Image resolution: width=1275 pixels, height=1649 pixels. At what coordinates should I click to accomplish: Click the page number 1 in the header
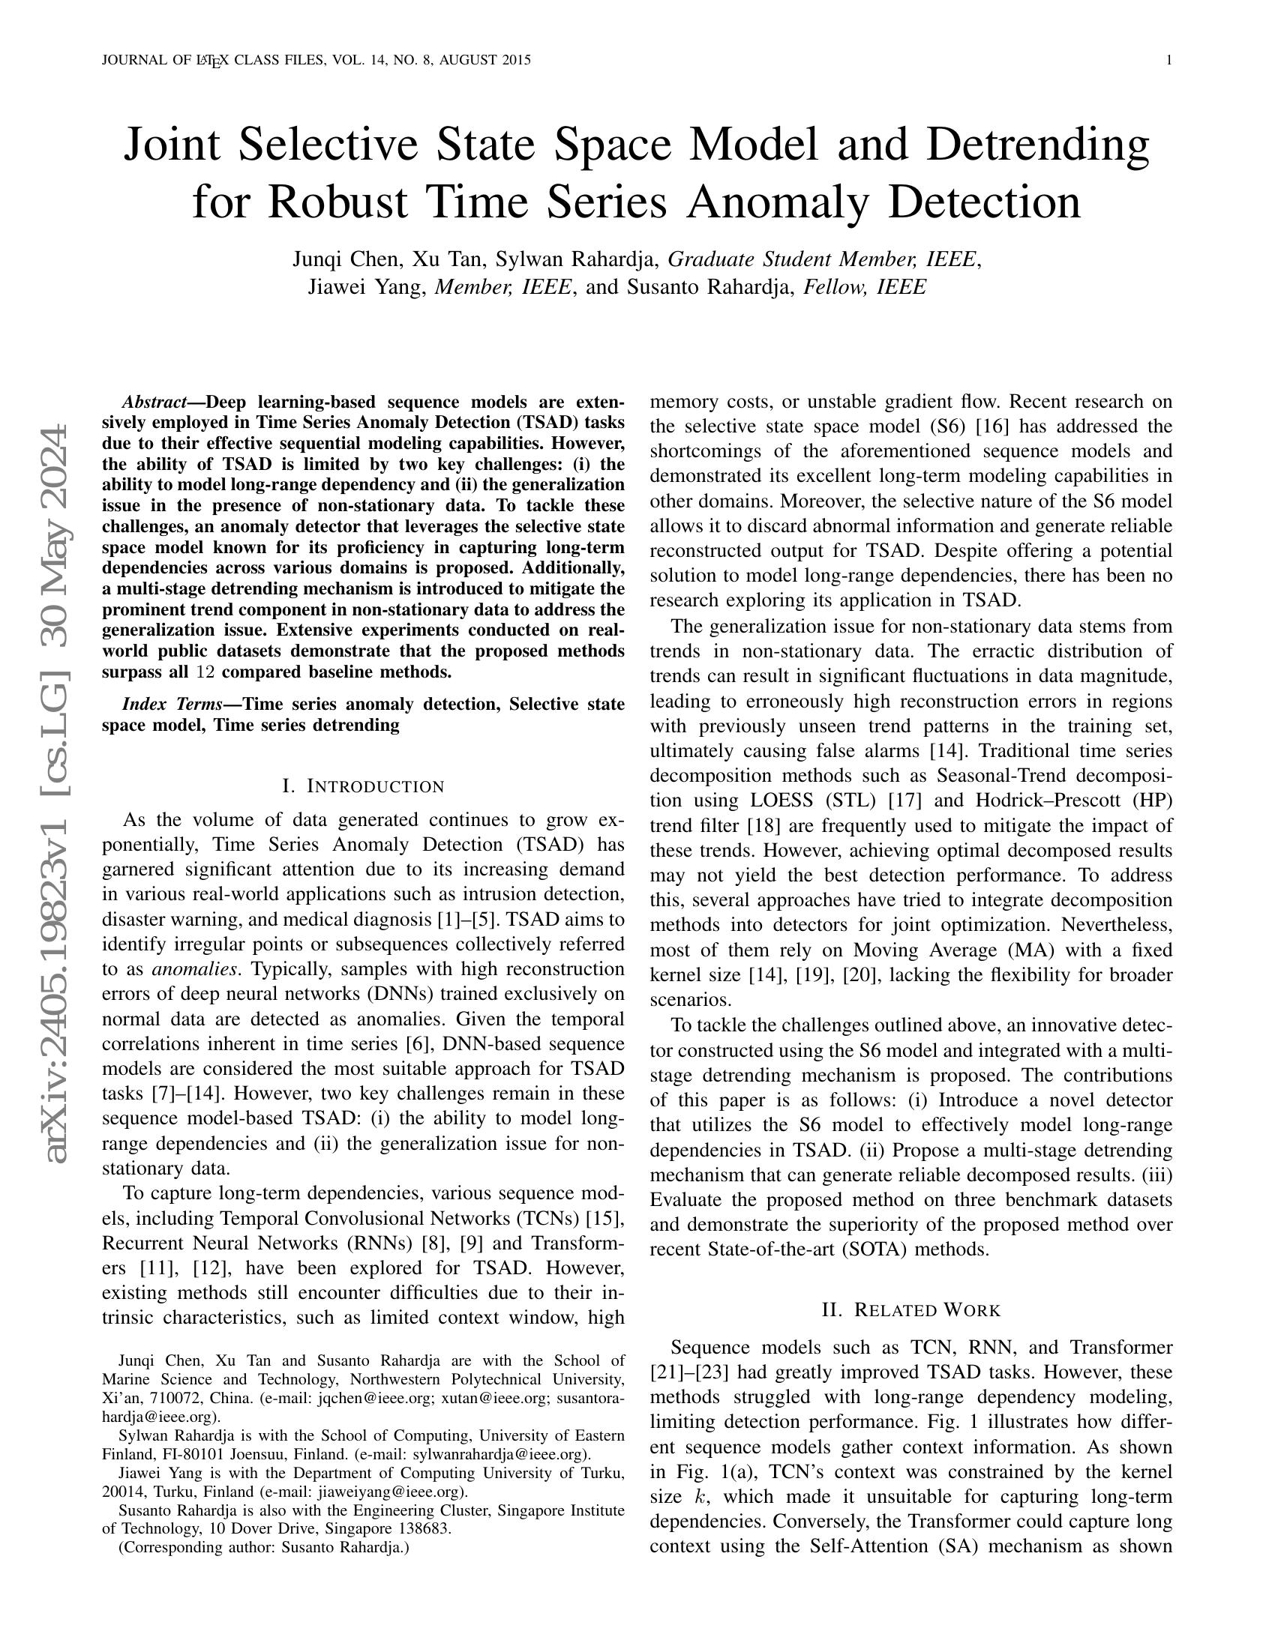tap(1169, 61)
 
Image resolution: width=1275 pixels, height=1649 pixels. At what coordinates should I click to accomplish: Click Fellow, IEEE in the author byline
tap(864, 288)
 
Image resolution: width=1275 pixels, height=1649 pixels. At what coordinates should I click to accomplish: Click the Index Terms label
tap(172, 705)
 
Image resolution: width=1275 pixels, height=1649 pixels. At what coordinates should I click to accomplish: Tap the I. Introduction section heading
tap(362, 786)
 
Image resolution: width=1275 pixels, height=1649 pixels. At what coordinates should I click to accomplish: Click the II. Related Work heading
tap(911, 1310)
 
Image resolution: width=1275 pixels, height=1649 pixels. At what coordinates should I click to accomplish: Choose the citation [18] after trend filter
tap(765, 825)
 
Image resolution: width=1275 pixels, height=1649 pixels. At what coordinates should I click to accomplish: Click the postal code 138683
tap(421, 1529)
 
